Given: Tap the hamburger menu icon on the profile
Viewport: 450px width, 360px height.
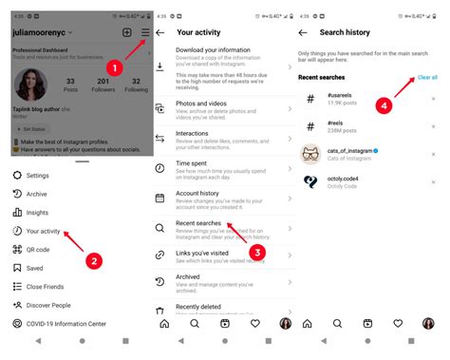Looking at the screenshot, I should click(143, 32).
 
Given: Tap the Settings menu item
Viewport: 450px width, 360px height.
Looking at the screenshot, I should click(37, 176).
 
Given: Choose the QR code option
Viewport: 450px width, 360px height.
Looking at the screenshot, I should click(39, 250).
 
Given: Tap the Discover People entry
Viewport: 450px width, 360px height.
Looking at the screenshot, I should click(48, 305).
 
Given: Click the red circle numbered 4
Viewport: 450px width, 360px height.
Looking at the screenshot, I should click(384, 106).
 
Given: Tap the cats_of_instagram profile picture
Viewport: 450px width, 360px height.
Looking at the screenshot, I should click(311, 153).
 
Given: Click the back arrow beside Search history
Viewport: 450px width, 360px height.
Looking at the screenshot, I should click(303, 32).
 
